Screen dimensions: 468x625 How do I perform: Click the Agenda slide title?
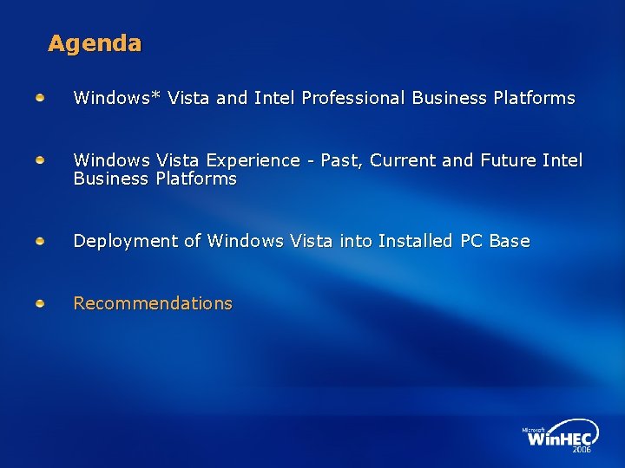pyautogui.click(x=95, y=43)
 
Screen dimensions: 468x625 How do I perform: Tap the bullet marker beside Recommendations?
pyautogui.click(x=41, y=303)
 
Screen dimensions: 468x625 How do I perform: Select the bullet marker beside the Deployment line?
pyautogui.click(x=41, y=241)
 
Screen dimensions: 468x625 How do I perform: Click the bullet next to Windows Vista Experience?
pyautogui.click(x=41, y=160)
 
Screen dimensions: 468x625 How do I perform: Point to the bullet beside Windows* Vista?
pyautogui.click(x=41, y=98)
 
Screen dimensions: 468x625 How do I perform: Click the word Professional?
pyautogui.click(x=353, y=98)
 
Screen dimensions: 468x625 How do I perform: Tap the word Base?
pyautogui.click(x=510, y=241)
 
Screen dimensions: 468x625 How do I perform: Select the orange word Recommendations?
pyautogui.click(x=153, y=303)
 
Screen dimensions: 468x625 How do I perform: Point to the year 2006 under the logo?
pyautogui.click(x=582, y=451)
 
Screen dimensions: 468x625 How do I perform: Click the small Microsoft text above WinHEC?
pyautogui.click(x=533, y=429)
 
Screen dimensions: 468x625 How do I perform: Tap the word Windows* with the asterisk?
pyautogui.click(x=117, y=98)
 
